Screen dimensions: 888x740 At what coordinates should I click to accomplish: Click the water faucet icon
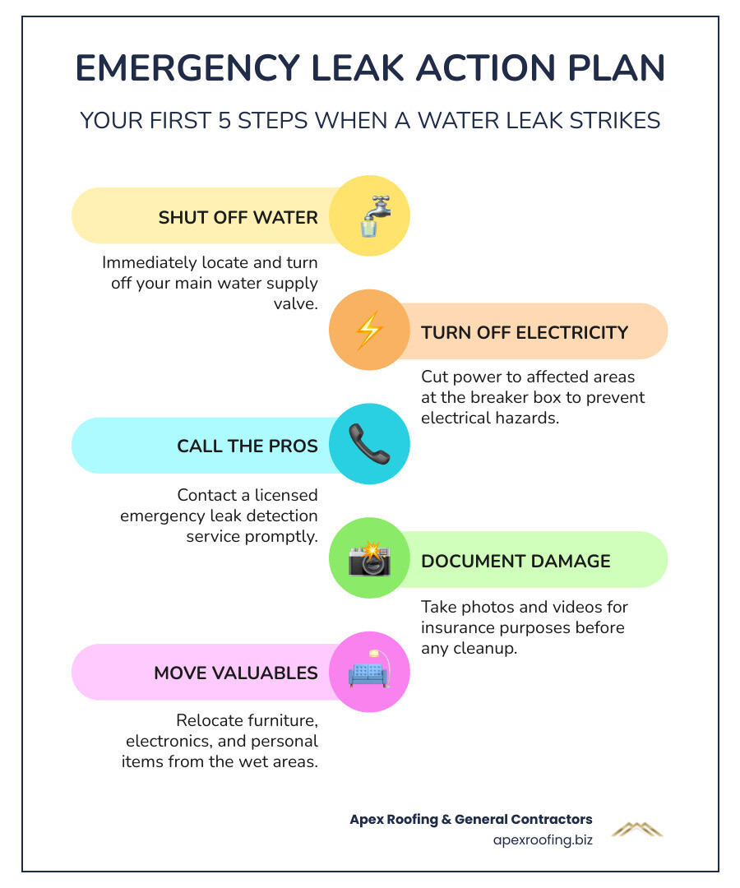[371, 216]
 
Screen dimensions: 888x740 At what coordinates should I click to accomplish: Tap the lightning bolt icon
[368, 331]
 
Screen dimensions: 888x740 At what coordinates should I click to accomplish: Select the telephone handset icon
[368, 445]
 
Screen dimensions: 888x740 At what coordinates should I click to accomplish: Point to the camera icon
[369, 560]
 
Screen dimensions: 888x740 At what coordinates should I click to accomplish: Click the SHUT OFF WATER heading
[238, 218]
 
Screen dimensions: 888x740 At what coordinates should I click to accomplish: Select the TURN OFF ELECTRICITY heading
[525, 332]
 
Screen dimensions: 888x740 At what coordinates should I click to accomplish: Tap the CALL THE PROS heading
[247, 446]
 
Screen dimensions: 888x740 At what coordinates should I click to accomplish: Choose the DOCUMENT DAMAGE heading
[516, 561]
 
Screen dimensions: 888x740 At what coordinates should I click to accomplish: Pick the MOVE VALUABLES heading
[236, 673]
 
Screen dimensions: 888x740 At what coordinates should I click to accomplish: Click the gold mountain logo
[636, 829]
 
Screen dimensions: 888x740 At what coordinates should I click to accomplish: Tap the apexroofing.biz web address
[543, 839]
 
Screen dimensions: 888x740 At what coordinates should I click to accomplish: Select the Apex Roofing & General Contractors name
[470, 819]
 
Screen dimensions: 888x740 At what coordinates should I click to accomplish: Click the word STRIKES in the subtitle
[613, 121]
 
